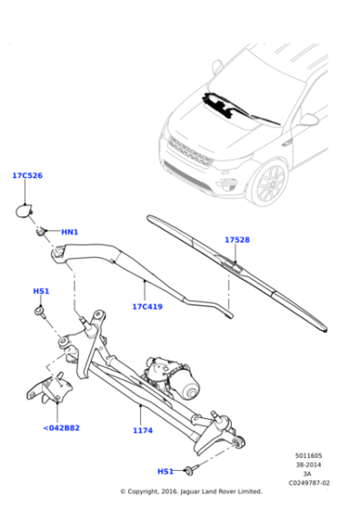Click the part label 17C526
tap(26, 175)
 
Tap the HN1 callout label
tap(70, 233)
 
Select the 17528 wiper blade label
tap(236, 240)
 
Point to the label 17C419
tap(146, 306)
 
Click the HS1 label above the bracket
tap(41, 291)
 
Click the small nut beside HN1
tap(42, 232)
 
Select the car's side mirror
tap(308, 119)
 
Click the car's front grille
tap(190, 152)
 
